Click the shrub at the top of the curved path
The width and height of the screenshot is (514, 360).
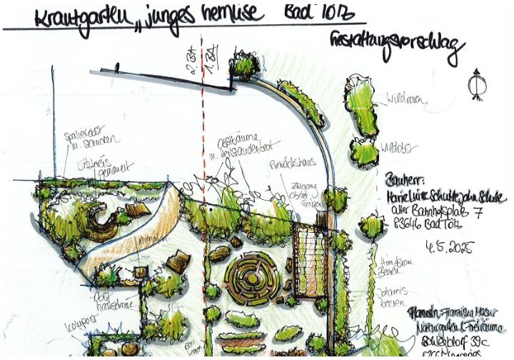(246, 66)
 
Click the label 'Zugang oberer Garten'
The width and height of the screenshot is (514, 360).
(301, 193)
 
